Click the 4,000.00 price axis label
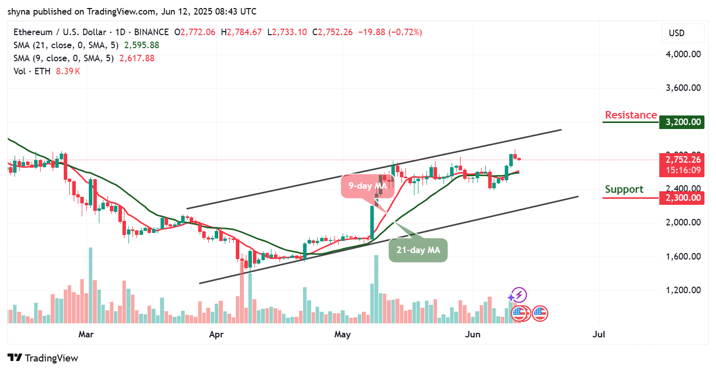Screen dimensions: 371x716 click(x=680, y=54)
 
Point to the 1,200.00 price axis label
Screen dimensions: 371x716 click(x=680, y=290)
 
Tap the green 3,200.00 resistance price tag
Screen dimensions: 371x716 click(x=680, y=122)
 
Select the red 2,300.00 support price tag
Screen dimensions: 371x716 click(x=680, y=198)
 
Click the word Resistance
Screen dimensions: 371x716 click(x=631, y=115)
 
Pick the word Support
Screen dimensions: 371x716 click(x=624, y=189)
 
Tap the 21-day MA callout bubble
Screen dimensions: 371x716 click(x=418, y=250)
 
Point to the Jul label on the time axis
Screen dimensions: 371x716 click(x=599, y=334)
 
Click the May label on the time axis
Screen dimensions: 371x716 click(x=343, y=334)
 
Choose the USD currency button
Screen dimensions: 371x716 click(x=676, y=33)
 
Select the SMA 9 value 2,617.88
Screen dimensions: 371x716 click(x=136, y=58)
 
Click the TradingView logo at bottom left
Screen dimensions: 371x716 click(x=44, y=358)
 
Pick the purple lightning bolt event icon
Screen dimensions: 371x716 click(x=519, y=295)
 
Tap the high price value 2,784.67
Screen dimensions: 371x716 click(x=244, y=32)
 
